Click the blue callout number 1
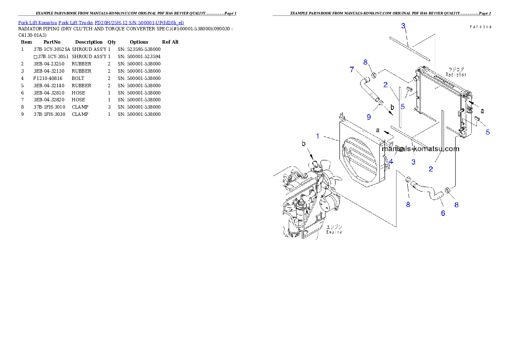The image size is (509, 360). (x=318, y=136)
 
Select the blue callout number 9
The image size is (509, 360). (x=369, y=117)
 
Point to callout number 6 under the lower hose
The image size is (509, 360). (x=443, y=212)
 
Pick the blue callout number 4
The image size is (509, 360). (x=391, y=162)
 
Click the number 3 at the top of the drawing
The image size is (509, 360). (x=403, y=26)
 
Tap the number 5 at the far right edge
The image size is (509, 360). (x=488, y=132)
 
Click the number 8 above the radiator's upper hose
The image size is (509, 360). (x=365, y=62)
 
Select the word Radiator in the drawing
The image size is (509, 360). (x=455, y=74)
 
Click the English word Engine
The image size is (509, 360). (x=334, y=232)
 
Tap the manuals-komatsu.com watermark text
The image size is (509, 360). (x=420, y=149)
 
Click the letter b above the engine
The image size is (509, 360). (x=304, y=145)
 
